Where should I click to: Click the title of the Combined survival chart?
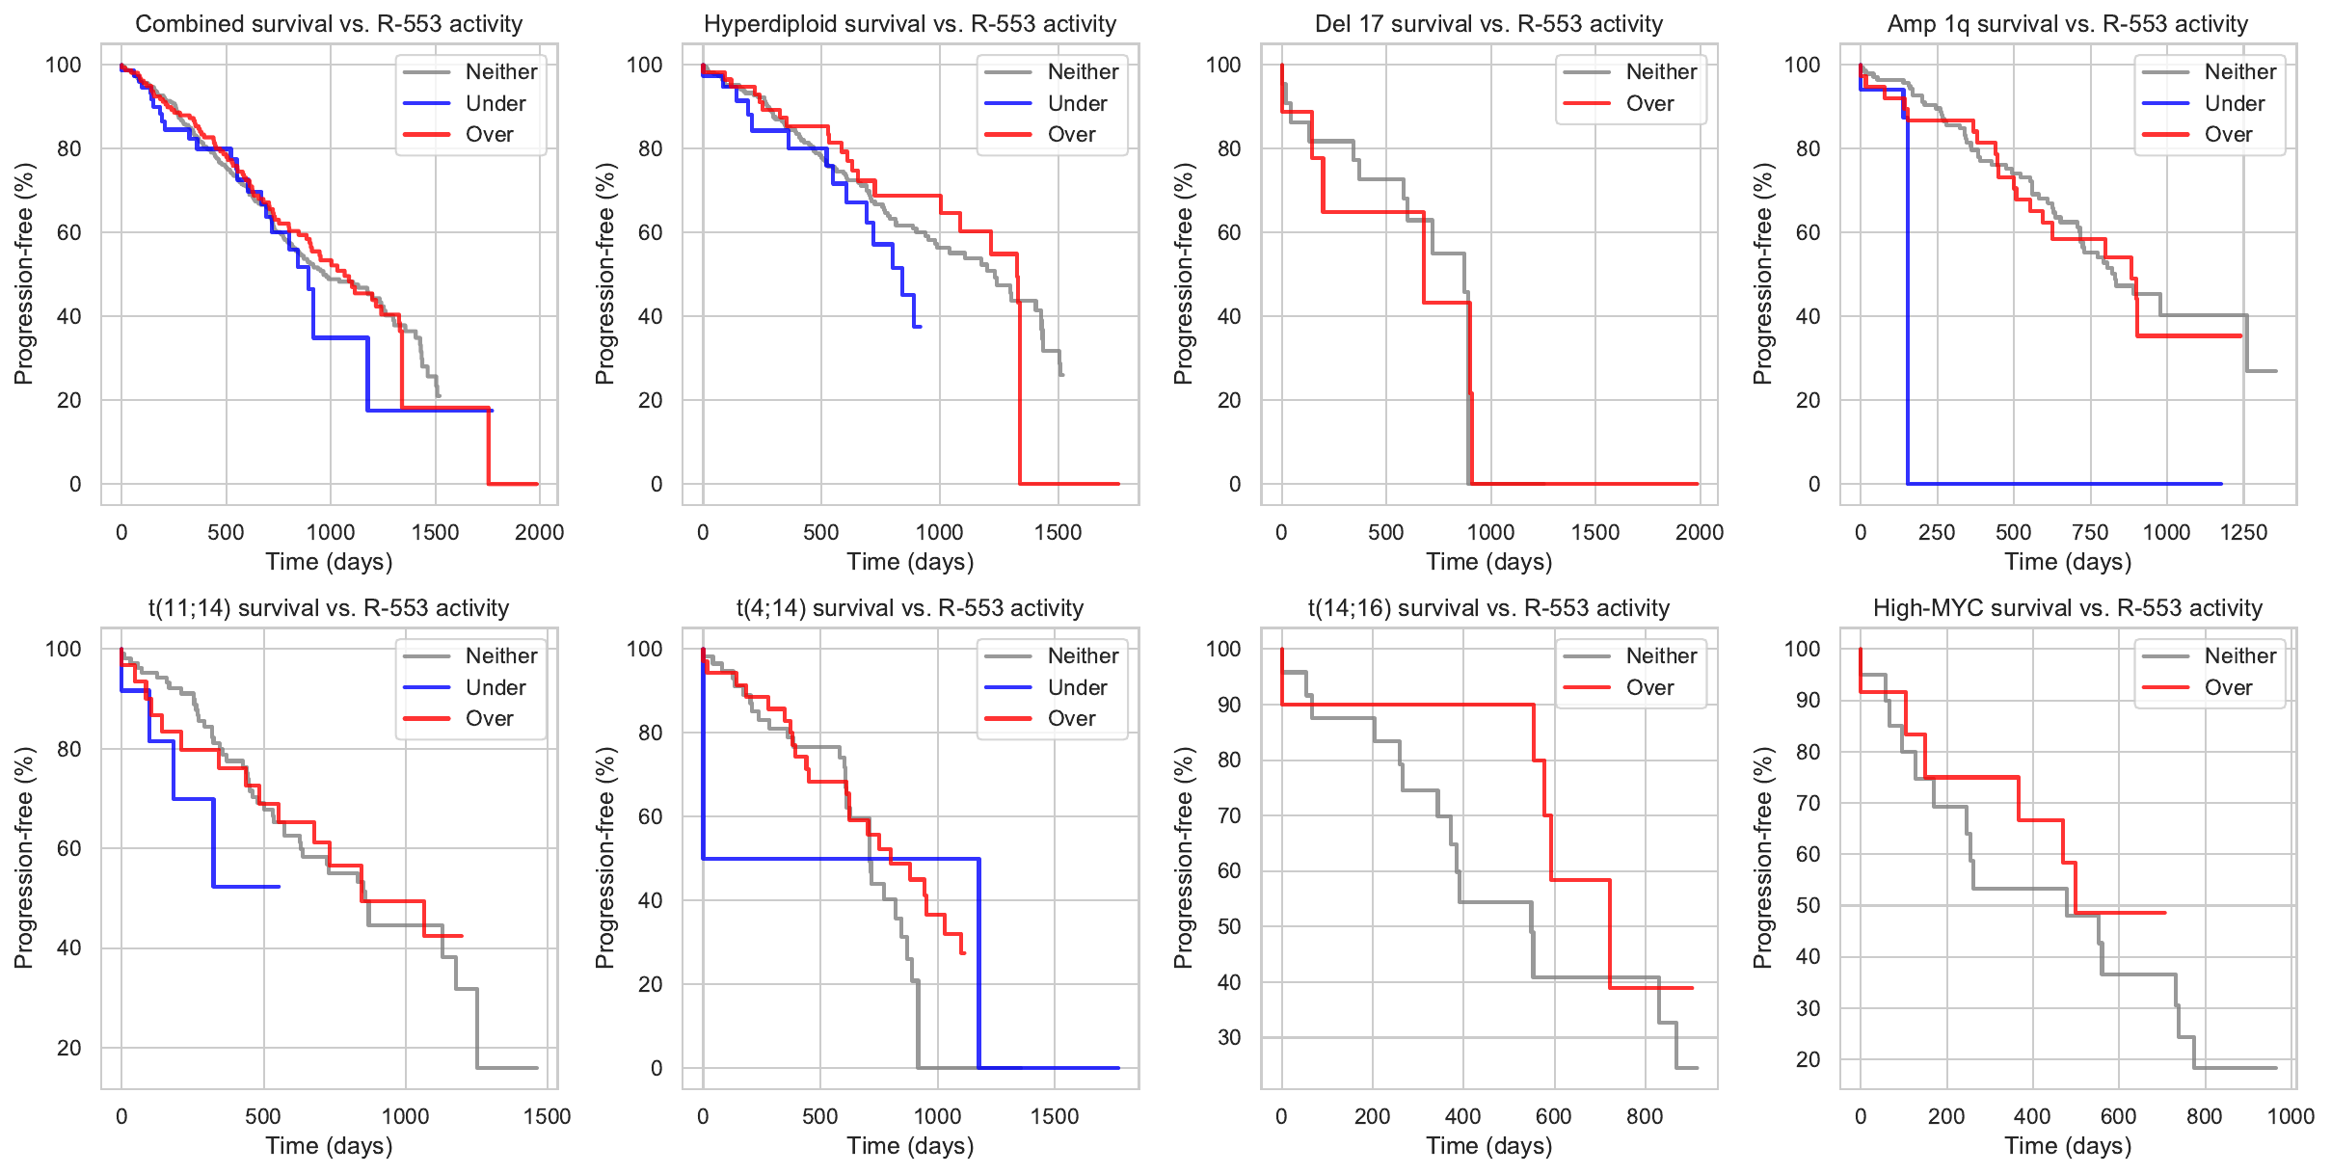click(329, 24)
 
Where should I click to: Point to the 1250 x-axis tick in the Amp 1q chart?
click(2243, 532)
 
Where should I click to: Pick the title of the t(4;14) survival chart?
click(910, 608)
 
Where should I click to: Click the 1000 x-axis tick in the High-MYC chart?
click(2291, 1116)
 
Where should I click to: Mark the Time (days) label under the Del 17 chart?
click(1488, 562)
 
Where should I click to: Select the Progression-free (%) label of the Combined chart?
click(24, 274)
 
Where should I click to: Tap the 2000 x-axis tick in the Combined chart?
click(539, 532)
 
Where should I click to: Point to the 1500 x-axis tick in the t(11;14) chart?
click(547, 1116)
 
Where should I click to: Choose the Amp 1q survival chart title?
click(2067, 24)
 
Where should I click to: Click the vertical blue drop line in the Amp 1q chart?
click(1907, 308)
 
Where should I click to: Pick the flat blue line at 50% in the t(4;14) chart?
click(839, 858)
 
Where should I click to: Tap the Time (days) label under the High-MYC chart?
click(2067, 1146)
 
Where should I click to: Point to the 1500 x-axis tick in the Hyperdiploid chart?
click(1058, 532)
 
